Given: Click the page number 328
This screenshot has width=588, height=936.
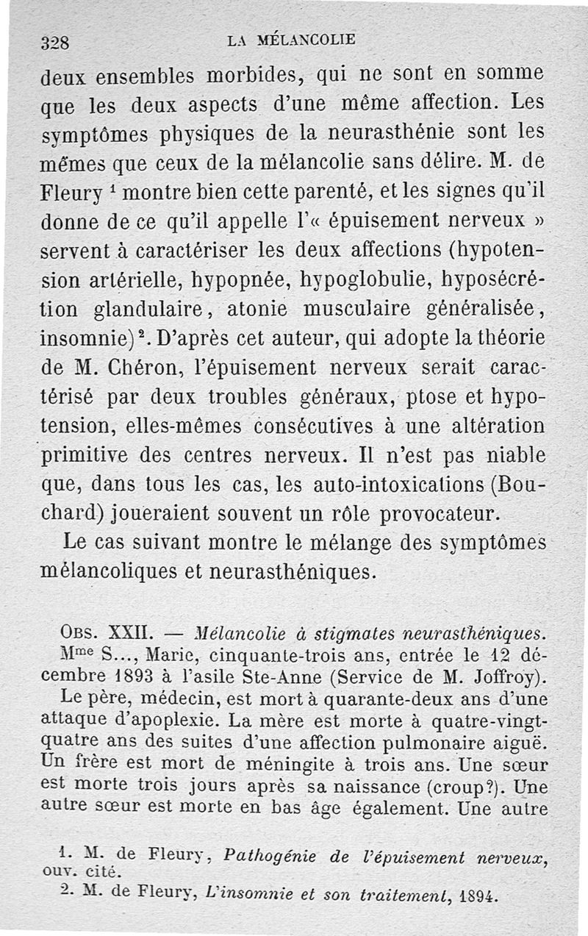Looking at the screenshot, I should pyautogui.click(x=54, y=42).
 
